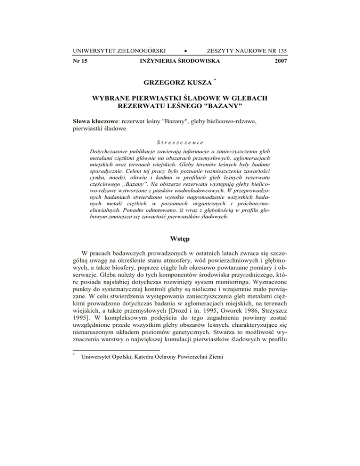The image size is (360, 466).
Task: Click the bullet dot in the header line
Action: click(172, 50)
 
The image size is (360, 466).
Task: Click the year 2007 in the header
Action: click(279, 61)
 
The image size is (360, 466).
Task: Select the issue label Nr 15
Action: click(81, 61)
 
